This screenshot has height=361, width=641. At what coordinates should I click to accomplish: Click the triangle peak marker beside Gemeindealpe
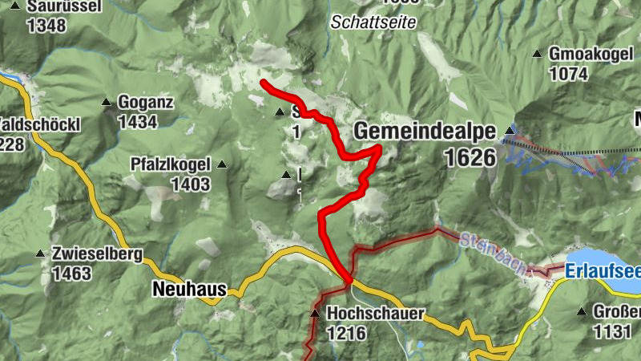[x=510, y=129]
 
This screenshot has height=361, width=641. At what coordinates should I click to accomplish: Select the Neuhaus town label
[x=190, y=290]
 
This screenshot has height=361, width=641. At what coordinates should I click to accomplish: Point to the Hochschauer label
[x=374, y=314]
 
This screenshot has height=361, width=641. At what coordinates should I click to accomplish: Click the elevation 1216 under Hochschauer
[x=346, y=333]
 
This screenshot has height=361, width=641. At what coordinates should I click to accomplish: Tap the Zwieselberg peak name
[x=97, y=255]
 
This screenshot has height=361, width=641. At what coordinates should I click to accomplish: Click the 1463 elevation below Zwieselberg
[x=71, y=274]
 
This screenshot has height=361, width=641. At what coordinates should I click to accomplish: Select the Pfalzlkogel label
[x=171, y=164]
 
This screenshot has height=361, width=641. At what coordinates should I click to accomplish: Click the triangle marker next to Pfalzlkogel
[x=222, y=164]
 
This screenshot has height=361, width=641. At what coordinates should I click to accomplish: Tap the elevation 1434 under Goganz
[x=137, y=122]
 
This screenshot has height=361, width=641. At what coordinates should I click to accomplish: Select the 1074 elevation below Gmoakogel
[x=569, y=73]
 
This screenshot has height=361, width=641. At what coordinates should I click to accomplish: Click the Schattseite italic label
[x=373, y=22]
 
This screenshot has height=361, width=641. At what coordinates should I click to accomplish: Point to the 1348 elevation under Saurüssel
[x=46, y=25]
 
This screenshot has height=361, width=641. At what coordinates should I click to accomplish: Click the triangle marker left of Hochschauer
[x=315, y=314]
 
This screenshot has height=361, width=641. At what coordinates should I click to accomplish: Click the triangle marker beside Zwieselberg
[x=40, y=254]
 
